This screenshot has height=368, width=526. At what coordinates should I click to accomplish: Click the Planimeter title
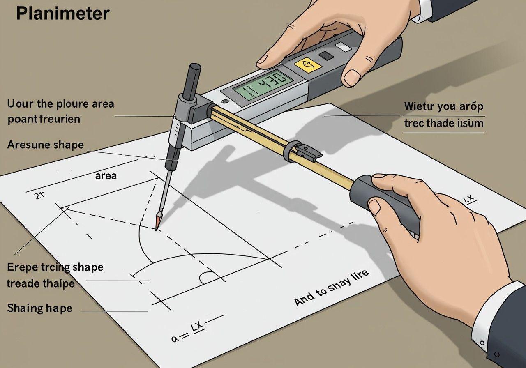63,14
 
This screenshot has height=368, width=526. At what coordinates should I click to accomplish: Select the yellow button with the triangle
308,64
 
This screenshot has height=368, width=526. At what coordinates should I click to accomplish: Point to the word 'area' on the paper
106,176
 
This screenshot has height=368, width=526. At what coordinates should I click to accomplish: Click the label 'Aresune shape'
45,145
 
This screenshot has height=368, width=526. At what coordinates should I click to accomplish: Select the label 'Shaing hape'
39,308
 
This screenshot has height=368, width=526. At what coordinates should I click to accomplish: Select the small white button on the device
344,47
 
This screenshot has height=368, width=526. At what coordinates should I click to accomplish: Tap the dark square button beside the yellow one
327,56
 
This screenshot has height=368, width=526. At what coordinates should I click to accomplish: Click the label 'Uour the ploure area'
60,103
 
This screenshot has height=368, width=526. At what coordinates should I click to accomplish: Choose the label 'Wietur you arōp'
443,107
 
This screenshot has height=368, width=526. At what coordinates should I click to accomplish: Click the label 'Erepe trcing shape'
55,267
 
